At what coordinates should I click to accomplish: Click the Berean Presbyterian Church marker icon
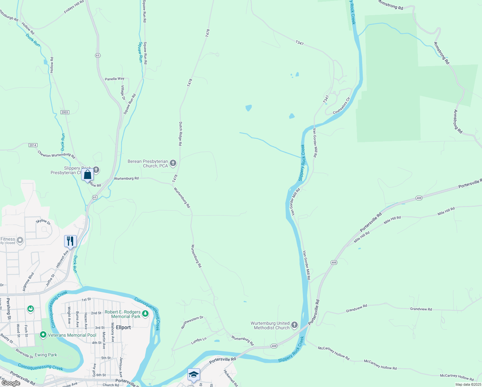tap(173, 163)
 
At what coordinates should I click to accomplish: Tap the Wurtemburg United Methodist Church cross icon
tap(294, 325)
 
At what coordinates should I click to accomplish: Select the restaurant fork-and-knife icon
tap(70, 241)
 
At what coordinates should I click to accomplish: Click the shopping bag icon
tap(88, 174)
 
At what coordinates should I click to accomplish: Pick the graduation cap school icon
tap(194, 374)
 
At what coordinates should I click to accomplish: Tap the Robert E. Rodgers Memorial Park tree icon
tap(145, 313)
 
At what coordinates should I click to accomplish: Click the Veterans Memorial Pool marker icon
tap(43, 335)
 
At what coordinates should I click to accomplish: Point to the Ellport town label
tap(123, 327)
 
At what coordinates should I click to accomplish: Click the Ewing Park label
tap(46, 355)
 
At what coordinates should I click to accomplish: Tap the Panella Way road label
tap(114, 79)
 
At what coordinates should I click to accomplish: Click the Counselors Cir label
tap(341, 106)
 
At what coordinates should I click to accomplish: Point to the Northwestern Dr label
tap(192, 322)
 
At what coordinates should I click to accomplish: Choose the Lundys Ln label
tap(198, 341)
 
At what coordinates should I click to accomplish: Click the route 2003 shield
tap(65, 112)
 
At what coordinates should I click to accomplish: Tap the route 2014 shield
tap(33, 145)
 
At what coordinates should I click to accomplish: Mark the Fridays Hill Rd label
tap(74, 7)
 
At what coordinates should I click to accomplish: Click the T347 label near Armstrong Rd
tap(300, 43)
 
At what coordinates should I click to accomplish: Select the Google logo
tap(11, 383)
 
